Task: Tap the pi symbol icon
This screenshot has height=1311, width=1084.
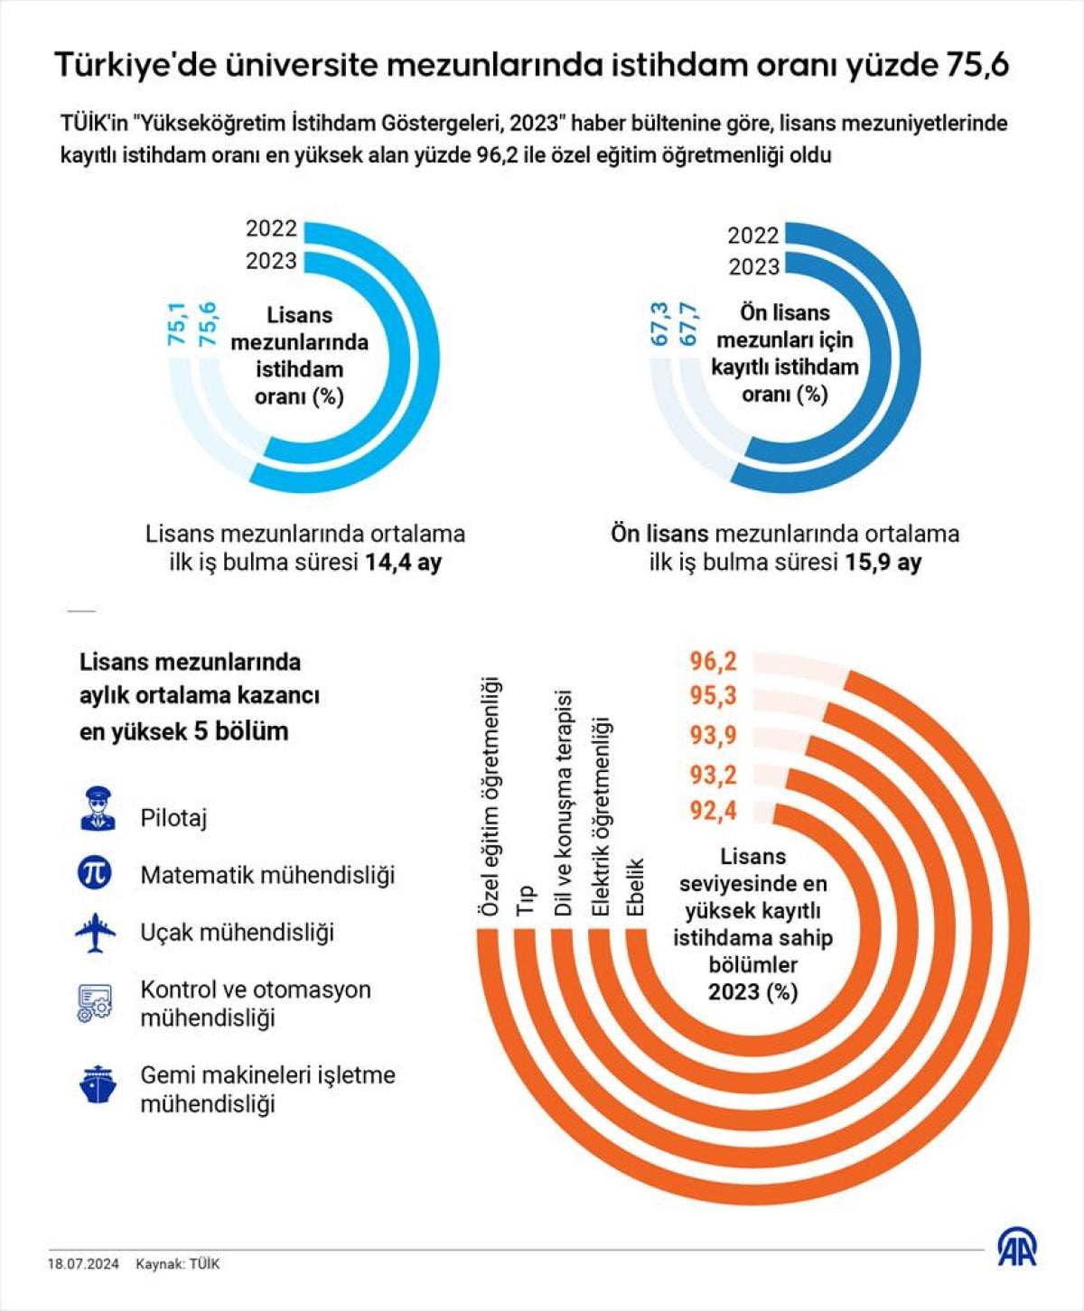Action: (95, 872)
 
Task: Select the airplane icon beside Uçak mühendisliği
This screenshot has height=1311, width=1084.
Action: (96, 932)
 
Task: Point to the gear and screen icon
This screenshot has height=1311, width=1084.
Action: (94, 1003)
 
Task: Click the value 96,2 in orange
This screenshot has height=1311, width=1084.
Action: (713, 662)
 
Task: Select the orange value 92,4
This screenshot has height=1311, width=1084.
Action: (713, 811)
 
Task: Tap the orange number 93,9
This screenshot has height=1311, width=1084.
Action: (713, 736)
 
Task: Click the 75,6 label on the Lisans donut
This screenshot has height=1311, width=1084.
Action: (207, 323)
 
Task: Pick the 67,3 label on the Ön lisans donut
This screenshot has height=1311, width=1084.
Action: (659, 324)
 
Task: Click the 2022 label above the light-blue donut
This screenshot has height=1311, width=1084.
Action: (271, 228)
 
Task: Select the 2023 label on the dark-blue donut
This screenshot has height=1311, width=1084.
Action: (753, 267)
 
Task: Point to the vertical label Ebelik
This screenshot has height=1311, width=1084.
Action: (635, 887)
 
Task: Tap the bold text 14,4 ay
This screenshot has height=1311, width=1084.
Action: (403, 563)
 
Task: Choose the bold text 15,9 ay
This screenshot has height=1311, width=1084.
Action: (883, 563)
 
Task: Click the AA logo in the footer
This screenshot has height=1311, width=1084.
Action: (1017, 1248)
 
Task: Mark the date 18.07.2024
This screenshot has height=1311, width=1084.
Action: (83, 1264)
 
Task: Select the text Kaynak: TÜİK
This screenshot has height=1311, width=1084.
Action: (178, 1264)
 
